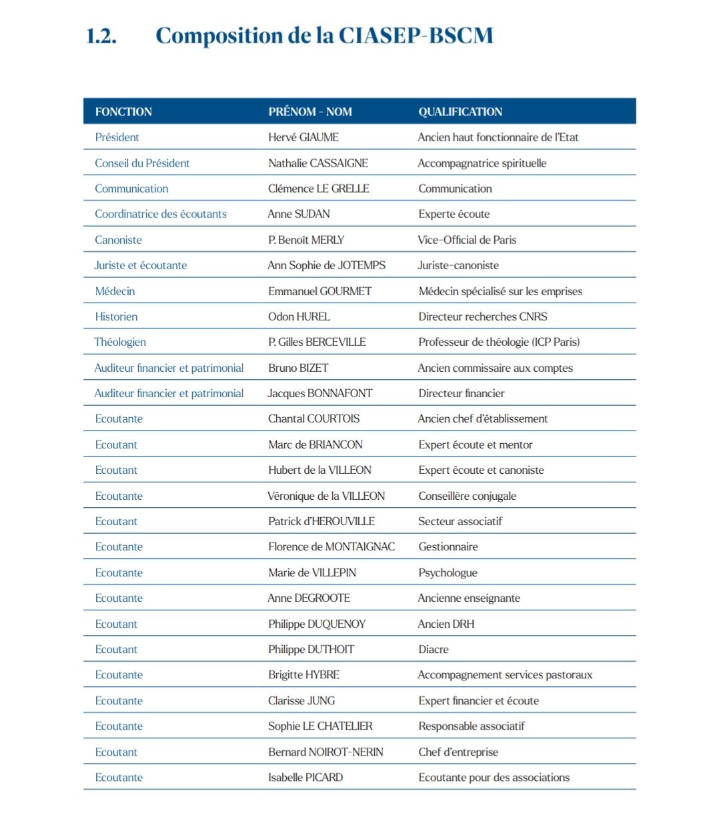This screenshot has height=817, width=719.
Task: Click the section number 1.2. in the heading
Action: pyautogui.click(x=101, y=36)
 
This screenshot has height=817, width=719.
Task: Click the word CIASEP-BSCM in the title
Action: pyautogui.click(x=416, y=36)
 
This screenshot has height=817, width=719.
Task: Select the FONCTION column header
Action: pyautogui.click(x=123, y=112)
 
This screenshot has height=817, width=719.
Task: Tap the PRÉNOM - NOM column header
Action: pyautogui.click(x=309, y=112)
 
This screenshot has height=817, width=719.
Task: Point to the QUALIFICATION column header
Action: pyautogui.click(x=460, y=112)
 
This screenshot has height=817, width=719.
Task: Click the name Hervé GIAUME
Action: pyautogui.click(x=303, y=137)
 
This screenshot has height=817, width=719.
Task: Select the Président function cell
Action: pyautogui.click(x=117, y=137)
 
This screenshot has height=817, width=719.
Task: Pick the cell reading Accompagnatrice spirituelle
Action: pyautogui.click(x=482, y=163)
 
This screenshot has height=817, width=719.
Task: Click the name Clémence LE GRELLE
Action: pyautogui.click(x=318, y=189)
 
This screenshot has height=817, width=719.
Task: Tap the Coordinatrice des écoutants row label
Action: pyautogui.click(x=160, y=214)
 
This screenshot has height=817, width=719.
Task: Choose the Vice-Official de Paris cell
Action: pyautogui.click(x=467, y=240)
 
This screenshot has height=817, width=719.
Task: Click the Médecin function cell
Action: pyautogui.click(x=115, y=291)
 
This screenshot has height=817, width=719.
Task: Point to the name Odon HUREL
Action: pyautogui.click(x=299, y=317)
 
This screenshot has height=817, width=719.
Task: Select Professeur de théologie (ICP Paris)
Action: pyautogui.click(x=499, y=342)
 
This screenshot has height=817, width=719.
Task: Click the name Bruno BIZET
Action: pyautogui.click(x=298, y=368)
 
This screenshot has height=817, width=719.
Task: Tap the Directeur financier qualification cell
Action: pyautogui.click(x=461, y=393)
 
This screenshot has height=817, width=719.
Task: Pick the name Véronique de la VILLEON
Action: pyautogui.click(x=326, y=496)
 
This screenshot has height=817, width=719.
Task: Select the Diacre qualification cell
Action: pyautogui.click(x=433, y=649)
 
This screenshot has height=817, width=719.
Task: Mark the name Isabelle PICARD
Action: pyautogui.click(x=305, y=777)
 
